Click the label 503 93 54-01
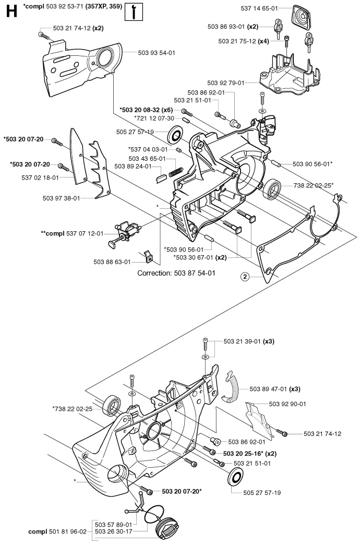tap(157, 53)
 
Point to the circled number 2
tap(245, 277)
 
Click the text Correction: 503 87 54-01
tap(176, 273)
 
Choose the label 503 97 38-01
tap(61, 198)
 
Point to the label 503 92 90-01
tap(287, 404)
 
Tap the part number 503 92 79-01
tap(226, 82)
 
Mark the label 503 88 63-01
tap(112, 262)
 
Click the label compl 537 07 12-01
tap(73, 233)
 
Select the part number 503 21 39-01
tap(242, 341)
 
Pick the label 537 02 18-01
tap(40, 177)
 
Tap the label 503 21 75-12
tap(237, 41)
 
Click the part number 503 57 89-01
tap(113, 525)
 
